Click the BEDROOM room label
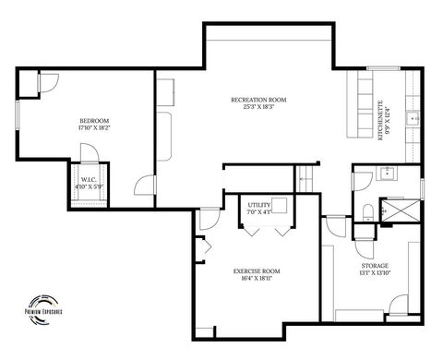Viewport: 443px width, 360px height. point(95,121)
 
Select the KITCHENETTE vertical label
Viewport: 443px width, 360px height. point(380,121)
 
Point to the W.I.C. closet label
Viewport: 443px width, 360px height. point(90,179)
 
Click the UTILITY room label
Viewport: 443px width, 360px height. point(259,204)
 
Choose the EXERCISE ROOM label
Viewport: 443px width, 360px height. point(257,270)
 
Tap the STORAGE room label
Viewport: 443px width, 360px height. point(375,267)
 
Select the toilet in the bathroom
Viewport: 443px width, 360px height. point(366,213)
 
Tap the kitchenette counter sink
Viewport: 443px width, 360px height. point(414,118)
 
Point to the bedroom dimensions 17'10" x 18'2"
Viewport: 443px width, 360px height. point(95,129)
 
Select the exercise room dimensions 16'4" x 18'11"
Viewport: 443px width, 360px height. point(257,279)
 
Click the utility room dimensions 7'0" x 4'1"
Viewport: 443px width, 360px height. point(259,212)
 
